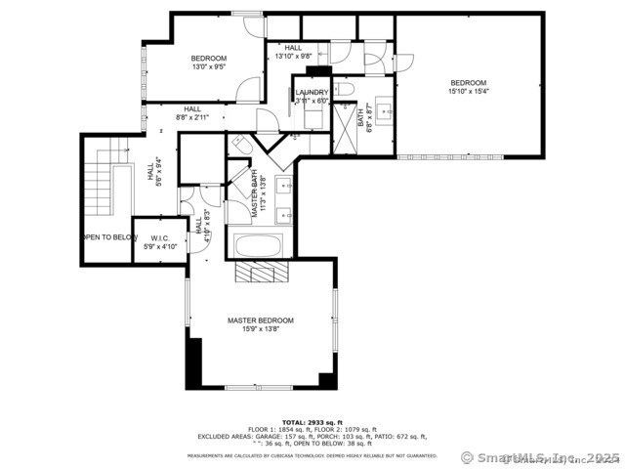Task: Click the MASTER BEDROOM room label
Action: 260,320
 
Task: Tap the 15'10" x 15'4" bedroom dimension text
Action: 468,91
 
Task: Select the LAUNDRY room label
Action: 312,93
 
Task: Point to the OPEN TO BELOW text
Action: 107,236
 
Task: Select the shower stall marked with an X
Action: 345,127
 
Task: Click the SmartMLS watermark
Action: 538,456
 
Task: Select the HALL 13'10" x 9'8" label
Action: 293,52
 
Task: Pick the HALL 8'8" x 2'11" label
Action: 192,113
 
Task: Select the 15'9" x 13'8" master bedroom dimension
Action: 260,329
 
